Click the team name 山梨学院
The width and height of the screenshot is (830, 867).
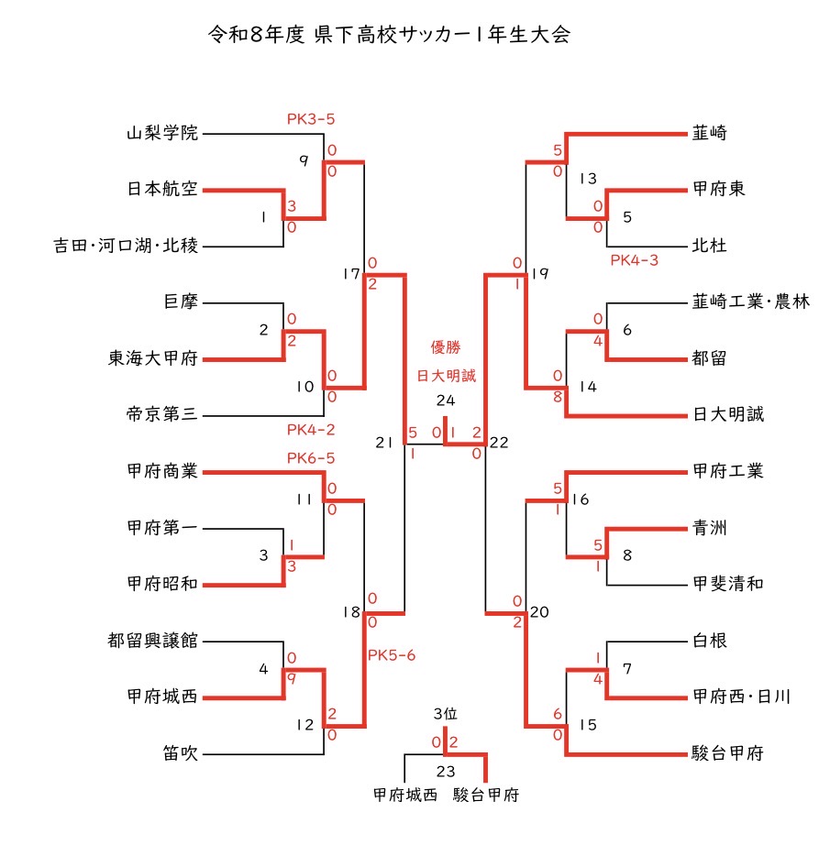(162, 133)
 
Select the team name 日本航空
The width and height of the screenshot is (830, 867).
(162, 189)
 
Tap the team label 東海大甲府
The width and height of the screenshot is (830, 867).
(153, 358)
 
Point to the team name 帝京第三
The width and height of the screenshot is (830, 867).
(162, 414)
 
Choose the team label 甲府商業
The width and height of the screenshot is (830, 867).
(162, 471)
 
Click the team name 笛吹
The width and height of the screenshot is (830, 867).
(181, 753)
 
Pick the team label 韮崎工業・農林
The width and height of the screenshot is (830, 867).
(751, 302)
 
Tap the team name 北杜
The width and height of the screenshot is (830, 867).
(709, 246)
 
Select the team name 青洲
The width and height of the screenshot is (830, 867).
(709, 528)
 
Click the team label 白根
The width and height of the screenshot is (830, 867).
(709, 641)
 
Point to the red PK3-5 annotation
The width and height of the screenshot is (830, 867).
(311, 119)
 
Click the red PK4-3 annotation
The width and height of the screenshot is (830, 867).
(634, 260)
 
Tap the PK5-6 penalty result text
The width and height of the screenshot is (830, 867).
(392, 655)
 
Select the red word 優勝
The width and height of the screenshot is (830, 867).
(446, 347)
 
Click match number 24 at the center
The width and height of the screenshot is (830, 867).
(446, 401)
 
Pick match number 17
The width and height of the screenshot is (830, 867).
(352, 274)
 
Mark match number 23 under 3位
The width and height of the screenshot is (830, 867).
(446, 772)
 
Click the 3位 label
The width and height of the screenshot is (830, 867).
(446, 714)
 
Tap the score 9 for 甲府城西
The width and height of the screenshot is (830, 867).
(292, 679)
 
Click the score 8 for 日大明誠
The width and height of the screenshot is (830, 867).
(558, 397)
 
